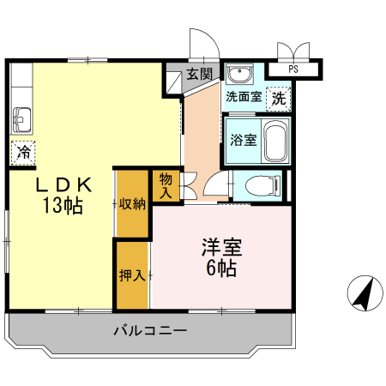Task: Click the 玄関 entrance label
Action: pos(200,74)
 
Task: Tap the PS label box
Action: pos(293,69)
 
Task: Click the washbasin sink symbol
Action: pos(239,73)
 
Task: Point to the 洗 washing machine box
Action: pos(278,98)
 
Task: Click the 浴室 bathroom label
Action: pos(243,140)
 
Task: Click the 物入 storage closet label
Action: pos(166,185)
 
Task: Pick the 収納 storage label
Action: pos(132,204)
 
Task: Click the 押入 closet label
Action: pos(131,276)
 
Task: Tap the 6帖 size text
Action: pos(221,268)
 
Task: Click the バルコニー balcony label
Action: pos(149,330)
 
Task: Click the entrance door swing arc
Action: pos(202,40)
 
